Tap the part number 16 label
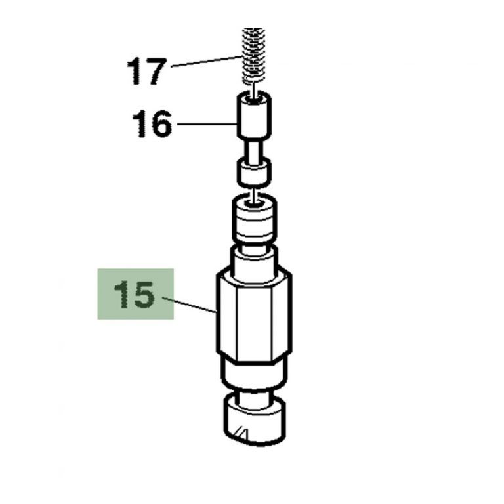(152, 123)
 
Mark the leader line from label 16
(207, 123)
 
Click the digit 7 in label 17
(154, 72)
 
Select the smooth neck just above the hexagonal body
(253, 257)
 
